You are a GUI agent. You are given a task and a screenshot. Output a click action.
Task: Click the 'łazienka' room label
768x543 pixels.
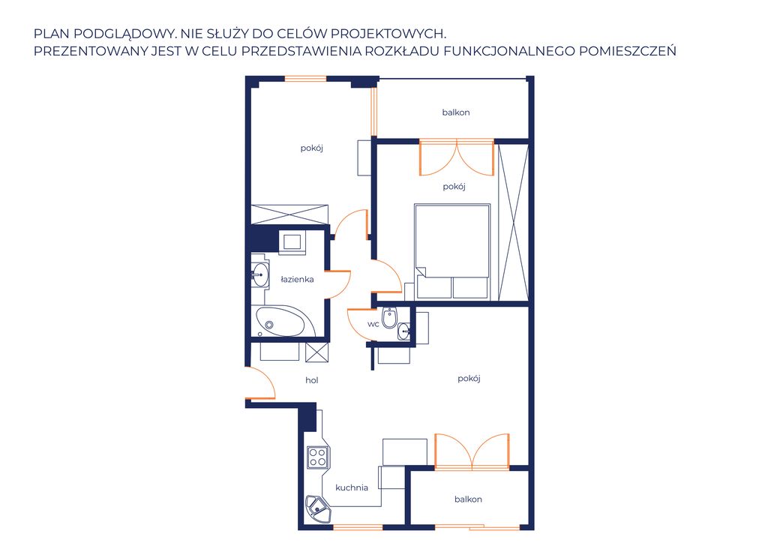click(297, 279)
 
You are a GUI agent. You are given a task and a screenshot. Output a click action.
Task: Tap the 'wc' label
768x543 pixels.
click(373, 324)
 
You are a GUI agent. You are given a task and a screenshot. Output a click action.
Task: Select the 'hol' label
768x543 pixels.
click(311, 380)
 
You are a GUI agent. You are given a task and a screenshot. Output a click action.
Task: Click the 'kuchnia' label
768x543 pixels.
click(352, 487)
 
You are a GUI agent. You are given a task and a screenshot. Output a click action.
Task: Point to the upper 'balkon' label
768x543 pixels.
click(456, 112)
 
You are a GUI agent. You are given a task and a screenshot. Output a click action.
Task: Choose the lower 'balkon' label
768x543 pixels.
click(468, 499)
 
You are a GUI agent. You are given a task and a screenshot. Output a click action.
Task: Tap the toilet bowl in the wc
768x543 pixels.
click(389, 318)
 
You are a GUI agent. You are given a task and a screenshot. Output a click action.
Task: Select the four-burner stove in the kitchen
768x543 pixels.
click(317, 457)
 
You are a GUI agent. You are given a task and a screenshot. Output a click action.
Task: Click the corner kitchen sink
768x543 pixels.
click(317, 507)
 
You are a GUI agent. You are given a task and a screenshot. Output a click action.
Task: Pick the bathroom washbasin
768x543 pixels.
click(259, 275)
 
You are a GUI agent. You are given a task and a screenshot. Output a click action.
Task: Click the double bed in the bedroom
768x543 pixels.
click(452, 251)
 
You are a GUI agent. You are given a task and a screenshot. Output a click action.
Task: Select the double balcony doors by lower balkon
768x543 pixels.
click(472, 451)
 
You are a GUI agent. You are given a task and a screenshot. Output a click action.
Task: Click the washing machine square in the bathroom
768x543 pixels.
click(292, 242)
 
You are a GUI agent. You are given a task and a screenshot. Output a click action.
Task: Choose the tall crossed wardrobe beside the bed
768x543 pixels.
click(513, 222)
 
